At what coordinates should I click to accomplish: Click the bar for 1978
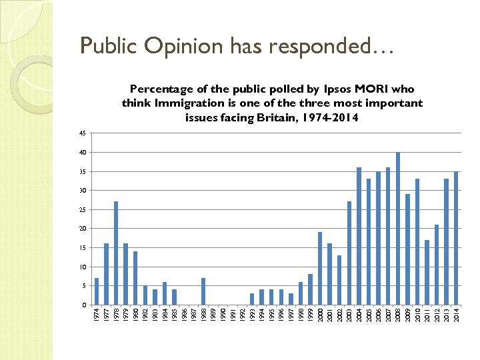[116, 253]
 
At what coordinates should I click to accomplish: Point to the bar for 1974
[97, 291]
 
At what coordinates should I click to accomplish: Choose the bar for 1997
[291, 299]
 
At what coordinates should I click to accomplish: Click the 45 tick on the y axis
[83, 133]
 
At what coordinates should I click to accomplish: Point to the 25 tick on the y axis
[83, 210]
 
